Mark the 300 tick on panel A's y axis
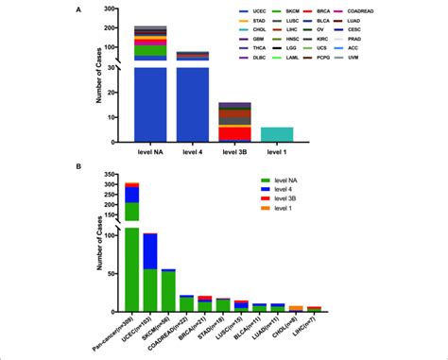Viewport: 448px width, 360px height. (112, 9)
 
